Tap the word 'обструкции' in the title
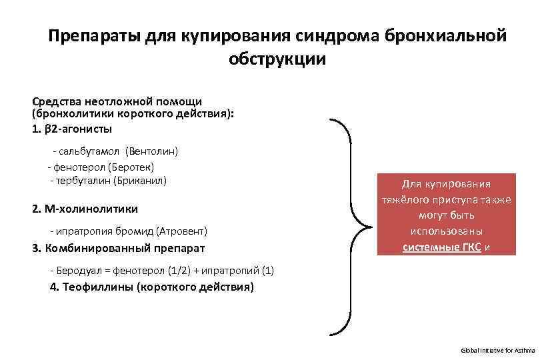tap(277, 59)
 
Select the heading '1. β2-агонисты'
tap(72, 128)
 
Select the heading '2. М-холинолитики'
tap(85, 209)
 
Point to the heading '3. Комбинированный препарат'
tap(118, 248)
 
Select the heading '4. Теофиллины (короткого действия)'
tap(152, 288)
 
